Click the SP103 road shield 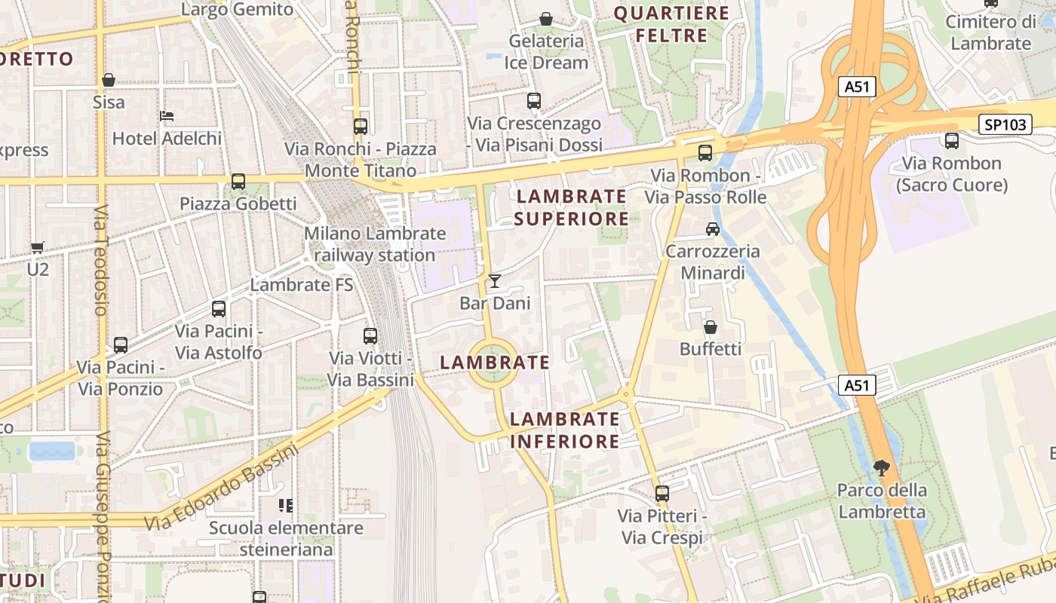point(1006,124)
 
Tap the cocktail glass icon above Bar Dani point(495,281)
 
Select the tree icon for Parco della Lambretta point(881,468)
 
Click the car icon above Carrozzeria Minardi point(712,228)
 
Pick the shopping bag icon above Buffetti point(710,327)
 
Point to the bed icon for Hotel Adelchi point(167,116)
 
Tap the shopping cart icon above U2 point(37,246)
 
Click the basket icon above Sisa point(109,79)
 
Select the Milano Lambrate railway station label point(375,244)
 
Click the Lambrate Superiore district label point(571,207)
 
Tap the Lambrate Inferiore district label point(564,430)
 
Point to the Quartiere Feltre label point(671,24)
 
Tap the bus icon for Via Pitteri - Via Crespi point(662,494)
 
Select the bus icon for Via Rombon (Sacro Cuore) point(951,140)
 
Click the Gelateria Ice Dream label point(546,51)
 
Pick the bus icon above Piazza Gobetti point(238,182)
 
